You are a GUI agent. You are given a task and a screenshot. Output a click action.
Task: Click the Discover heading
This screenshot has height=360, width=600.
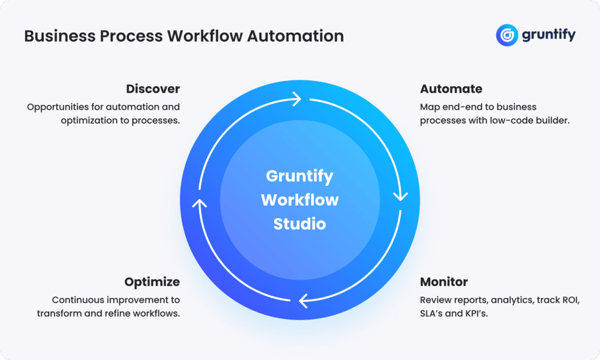tap(153, 89)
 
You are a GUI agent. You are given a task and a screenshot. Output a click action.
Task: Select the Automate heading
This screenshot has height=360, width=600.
tap(451, 89)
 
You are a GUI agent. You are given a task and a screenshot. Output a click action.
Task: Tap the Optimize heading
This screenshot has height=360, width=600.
tap(152, 282)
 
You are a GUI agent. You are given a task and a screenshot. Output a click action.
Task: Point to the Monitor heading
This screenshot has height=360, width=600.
tap(444, 282)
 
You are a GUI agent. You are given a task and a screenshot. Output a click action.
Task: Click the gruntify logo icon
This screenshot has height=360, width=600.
tap(507, 35)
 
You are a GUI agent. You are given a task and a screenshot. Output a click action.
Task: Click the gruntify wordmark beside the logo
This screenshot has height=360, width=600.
tap(548, 35)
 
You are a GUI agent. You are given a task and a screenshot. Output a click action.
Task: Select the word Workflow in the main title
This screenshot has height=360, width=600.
tap(204, 36)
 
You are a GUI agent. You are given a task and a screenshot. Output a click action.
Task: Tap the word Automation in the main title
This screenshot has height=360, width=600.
tap(295, 36)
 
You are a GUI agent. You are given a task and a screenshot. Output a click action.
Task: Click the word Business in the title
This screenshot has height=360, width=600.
tap(60, 36)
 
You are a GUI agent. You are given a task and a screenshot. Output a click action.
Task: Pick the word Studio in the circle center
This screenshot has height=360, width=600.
tap(299, 224)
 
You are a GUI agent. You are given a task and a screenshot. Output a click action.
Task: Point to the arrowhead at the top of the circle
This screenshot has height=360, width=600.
tap(297, 99)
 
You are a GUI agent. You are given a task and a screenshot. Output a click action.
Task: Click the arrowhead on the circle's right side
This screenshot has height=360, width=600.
tap(400, 196)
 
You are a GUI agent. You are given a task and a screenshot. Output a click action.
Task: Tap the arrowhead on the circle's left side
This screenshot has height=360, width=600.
tap(199, 203)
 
